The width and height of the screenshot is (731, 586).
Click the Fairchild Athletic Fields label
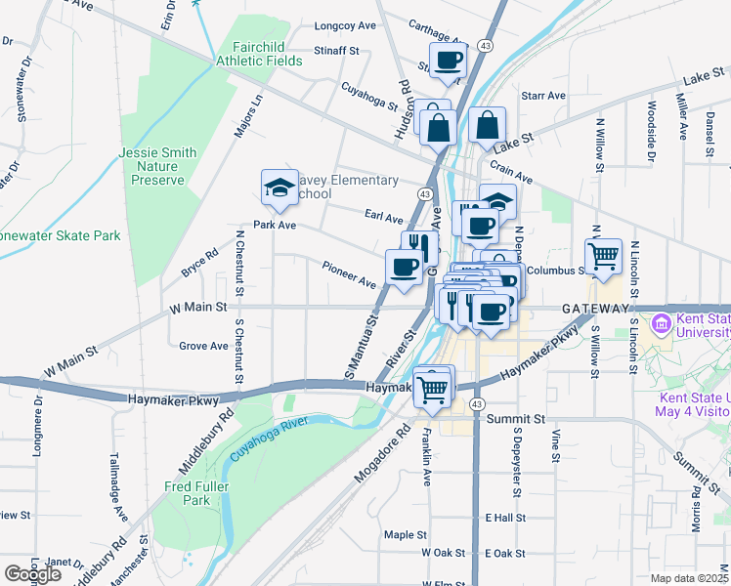(x=267, y=53)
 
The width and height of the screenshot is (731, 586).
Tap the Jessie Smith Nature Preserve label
(x=157, y=166)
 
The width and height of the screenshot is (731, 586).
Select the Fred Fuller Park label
(x=187, y=492)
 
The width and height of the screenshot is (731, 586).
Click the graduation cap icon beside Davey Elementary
(x=279, y=188)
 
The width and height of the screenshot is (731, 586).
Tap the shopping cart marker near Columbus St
(x=604, y=256)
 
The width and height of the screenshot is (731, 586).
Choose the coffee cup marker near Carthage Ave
(x=449, y=61)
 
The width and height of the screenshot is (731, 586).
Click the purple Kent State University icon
(x=661, y=322)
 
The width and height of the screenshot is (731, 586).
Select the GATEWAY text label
(x=595, y=308)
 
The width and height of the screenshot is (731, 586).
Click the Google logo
(x=32, y=574)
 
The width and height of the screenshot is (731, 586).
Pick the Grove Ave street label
(x=203, y=345)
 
